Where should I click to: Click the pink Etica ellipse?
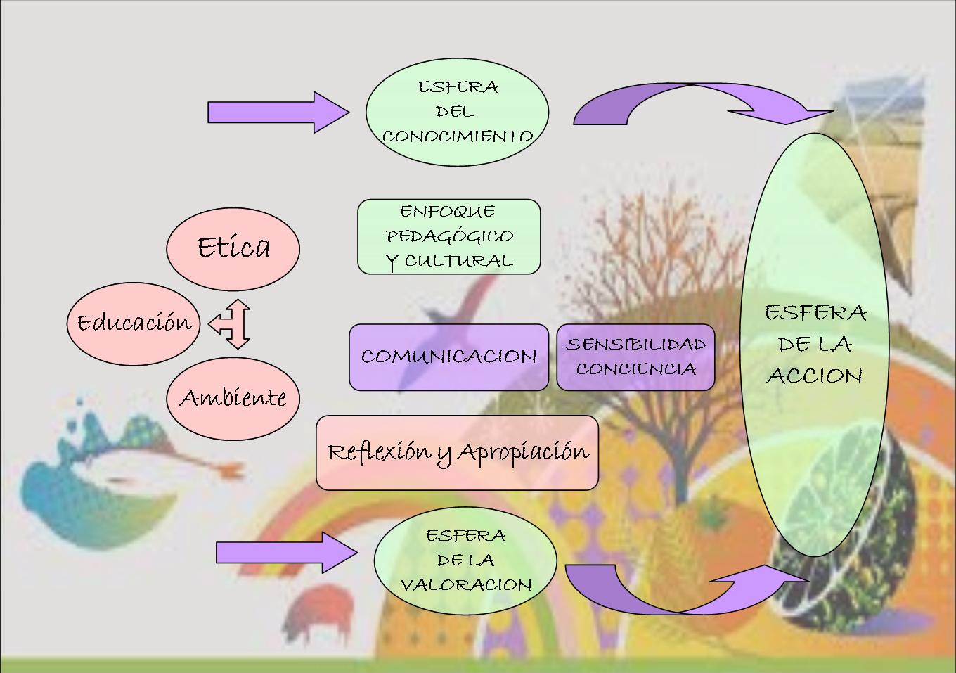pos(233,248)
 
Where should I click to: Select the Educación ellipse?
pos(134,323)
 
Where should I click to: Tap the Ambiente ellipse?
pos(233,397)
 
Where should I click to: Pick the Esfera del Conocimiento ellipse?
pos(457,111)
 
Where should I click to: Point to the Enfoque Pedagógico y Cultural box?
pos(448,236)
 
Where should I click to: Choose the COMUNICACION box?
pos(448,357)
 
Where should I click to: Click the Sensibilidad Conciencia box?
pos(635,357)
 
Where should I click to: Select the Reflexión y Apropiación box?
pos(457,452)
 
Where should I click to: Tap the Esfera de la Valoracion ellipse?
pos(465,560)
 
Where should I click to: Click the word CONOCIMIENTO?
pos(457,136)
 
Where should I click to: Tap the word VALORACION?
pos(465,585)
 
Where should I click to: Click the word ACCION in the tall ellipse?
pos(815,376)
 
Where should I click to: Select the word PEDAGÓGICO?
pos(448,236)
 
